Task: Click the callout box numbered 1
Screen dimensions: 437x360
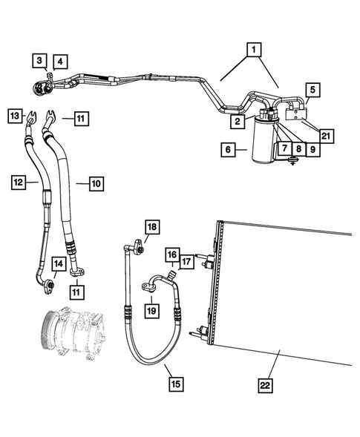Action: [254, 50]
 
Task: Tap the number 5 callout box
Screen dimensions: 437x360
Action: [312, 90]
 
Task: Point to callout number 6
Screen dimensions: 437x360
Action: [228, 150]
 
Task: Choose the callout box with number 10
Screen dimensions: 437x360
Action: [96, 181]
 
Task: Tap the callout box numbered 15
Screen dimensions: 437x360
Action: [175, 384]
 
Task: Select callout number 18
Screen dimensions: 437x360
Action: [152, 226]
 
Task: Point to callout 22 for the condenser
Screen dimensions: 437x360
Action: [266, 384]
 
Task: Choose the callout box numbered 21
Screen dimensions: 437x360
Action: [326, 135]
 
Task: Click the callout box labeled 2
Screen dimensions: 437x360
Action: [236, 121]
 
